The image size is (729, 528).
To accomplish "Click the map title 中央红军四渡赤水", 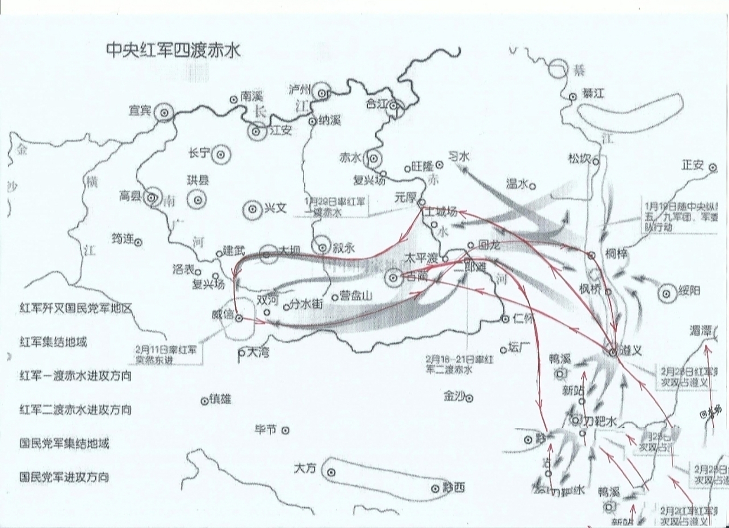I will (173, 51).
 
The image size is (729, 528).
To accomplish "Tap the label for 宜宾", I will (140, 111).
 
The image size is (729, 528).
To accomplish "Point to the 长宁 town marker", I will (221, 154).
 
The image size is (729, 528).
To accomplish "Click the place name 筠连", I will (123, 239).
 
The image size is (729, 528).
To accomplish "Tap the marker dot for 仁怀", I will (505, 319).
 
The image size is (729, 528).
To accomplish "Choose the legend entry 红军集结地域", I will (53, 342).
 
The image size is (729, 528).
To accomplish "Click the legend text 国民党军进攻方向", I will (64, 477).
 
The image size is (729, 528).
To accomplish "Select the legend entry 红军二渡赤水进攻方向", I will (76, 410).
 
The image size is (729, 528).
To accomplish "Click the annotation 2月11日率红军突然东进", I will (166, 354).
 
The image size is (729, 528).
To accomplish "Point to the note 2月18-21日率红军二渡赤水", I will (459, 365).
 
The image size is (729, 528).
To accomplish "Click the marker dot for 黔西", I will (435, 489).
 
